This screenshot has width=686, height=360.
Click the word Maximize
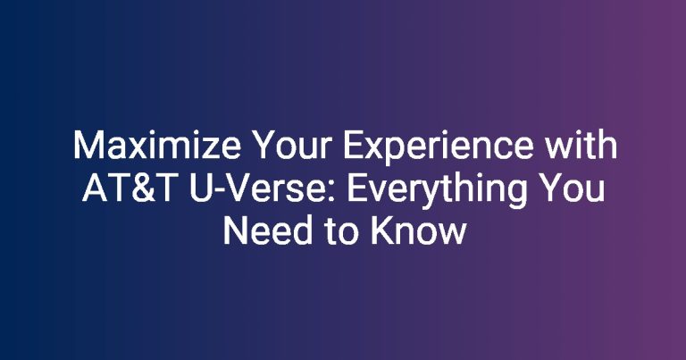tap(157, 146)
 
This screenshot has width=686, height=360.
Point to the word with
tap(581, 145)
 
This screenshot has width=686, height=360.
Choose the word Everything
tap(437, 191)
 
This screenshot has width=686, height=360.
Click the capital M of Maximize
tap(87, 146)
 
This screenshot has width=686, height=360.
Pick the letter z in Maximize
tap(207, 148)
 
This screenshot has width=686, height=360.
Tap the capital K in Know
tap(382, 230)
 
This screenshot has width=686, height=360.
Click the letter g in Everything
tap(515, 196)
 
